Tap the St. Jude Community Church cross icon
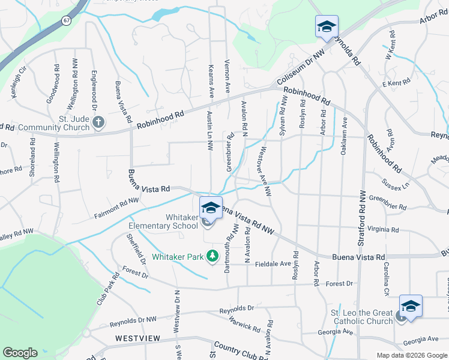coord(99,124)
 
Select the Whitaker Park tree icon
coord(211,257)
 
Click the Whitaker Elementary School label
coord(163,221)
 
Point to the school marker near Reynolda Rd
coord(327,26)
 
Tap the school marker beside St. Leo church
coord(411,306)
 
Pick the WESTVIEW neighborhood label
coord(138,338)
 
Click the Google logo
coord(20,353)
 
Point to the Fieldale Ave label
coord(273,263)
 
